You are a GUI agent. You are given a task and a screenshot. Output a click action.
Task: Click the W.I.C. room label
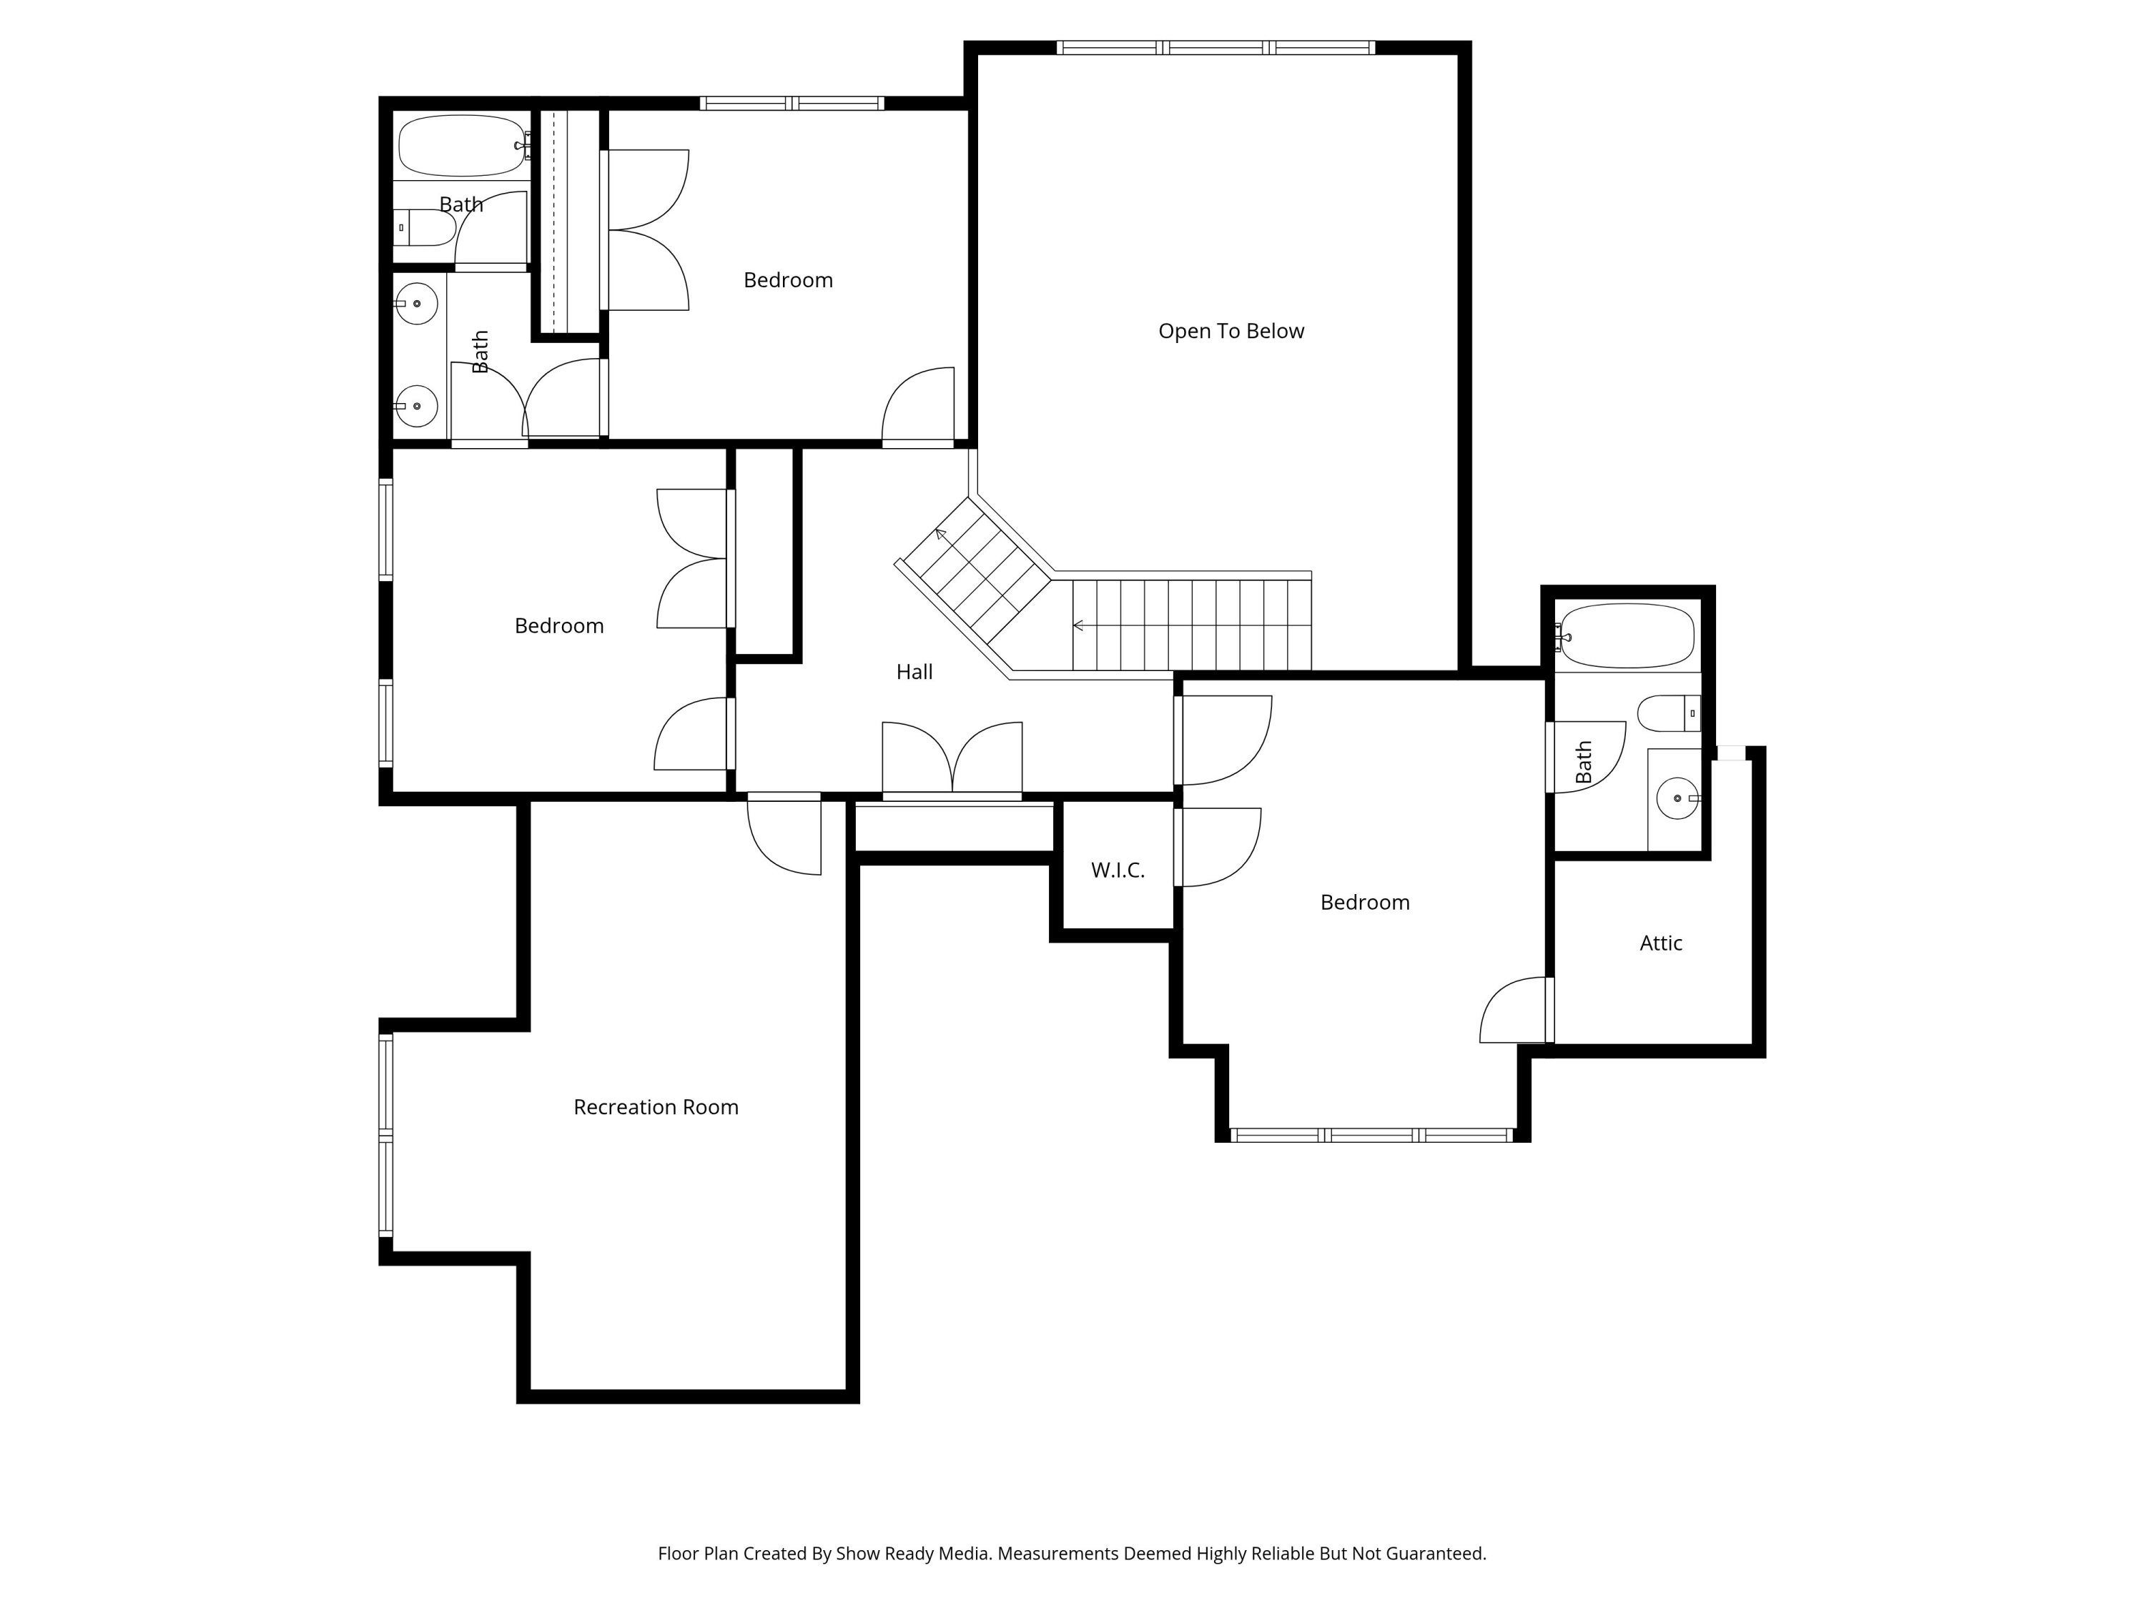click(1117, 870)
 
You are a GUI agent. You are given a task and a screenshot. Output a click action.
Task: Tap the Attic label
click(1660, 943)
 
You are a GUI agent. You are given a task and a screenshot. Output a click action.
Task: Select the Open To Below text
click(1231, 332)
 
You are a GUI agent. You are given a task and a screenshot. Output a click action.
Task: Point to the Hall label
click(914, 672)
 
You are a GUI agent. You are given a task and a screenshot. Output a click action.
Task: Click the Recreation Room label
click(656, 1107)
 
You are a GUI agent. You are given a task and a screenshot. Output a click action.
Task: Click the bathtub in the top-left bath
click(462, 145)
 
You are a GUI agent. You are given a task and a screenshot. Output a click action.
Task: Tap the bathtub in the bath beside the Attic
click(1627, 636)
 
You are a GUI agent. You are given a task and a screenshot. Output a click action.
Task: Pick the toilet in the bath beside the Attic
click(1668, 713)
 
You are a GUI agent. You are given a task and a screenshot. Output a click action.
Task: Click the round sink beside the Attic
click(1677, 799)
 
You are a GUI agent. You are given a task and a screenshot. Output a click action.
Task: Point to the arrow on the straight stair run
click(1078, 626)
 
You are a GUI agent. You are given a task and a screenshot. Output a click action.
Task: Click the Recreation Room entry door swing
click(784, 835)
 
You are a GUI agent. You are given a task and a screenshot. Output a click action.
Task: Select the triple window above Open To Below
click(1215, 47)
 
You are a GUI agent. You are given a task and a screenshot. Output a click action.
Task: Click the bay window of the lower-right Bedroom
click(1371, 1135)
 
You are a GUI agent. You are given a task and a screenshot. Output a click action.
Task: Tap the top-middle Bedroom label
click(787, 280)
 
